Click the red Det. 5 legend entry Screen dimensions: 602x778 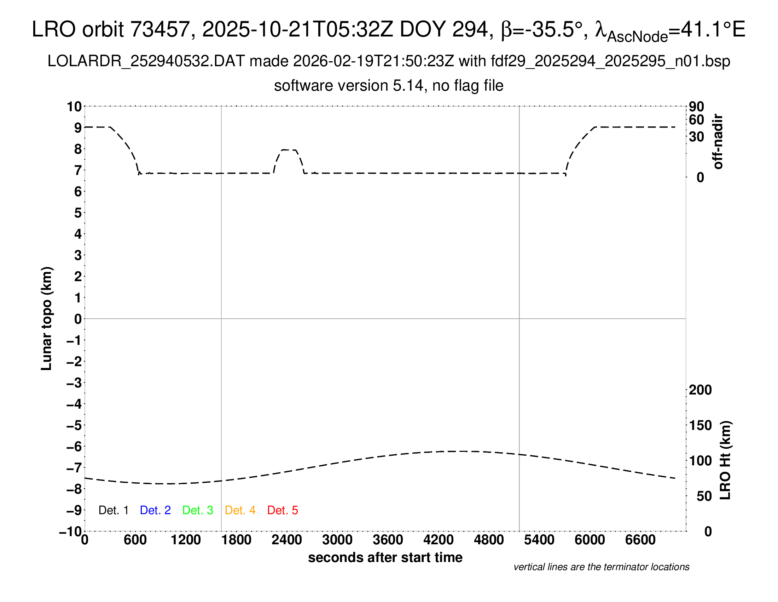point(283,510)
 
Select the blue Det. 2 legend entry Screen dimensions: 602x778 point(155,510)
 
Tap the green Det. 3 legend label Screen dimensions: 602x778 point(198,510)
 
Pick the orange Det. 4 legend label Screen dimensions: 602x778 point(240,510)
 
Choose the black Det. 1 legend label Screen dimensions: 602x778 point(113,510)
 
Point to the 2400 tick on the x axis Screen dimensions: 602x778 point(287,540)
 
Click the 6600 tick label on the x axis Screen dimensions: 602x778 point(640,540)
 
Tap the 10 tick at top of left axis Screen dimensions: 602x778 point(75,107)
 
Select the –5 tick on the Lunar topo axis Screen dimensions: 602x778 point(74,425)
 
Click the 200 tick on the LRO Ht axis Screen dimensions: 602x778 point(700,390)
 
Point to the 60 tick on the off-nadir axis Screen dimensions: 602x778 point(696,120)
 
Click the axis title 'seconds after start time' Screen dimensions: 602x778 point(385,558)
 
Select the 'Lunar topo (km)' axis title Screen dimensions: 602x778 point(47,318)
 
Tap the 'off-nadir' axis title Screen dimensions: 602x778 point(718,142)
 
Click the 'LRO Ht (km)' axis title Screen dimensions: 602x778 point(725,460)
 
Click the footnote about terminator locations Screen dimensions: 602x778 point(601,567)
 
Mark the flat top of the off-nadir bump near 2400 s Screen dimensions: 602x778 point(289,150)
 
